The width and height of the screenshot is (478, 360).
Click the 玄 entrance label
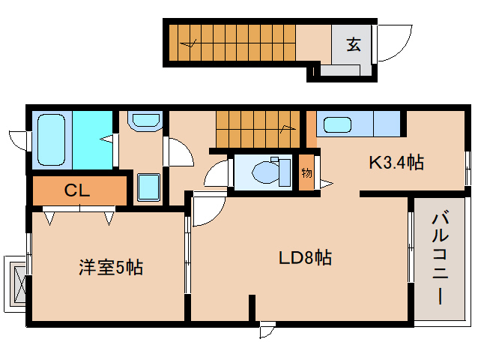click(353, 44)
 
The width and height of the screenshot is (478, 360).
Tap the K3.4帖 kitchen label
click(396, 162)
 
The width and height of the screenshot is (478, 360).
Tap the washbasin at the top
click(144, 121)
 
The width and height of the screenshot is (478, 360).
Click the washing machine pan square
click(148, 186)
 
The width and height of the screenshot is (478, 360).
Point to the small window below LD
click(267, 328)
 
